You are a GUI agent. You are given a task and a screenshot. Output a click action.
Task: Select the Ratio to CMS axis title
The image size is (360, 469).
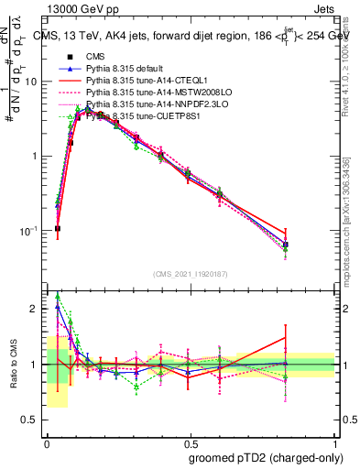(16, 365)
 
